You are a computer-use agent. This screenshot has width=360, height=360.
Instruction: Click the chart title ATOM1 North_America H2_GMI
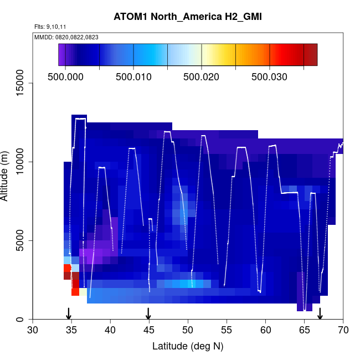pos(187,17)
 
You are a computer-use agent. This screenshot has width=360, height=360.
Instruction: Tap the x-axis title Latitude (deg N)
pos(188,346)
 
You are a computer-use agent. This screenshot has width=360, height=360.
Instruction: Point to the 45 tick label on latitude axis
pos(149,330)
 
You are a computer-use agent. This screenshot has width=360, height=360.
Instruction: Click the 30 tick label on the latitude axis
pos(33,330)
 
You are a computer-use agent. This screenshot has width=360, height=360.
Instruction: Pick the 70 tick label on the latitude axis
pos(343,330)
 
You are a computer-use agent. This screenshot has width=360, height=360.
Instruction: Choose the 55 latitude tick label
pos(227,330)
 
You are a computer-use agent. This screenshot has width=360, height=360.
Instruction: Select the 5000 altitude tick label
pos(22,240)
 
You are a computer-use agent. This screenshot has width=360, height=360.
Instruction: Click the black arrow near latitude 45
pos(148,313)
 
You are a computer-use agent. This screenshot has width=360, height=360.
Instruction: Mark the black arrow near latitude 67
pos(320,313)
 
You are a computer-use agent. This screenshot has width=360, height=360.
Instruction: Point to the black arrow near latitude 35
pos(69,313)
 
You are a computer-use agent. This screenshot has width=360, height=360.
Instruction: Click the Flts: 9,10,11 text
pos(50,27)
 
